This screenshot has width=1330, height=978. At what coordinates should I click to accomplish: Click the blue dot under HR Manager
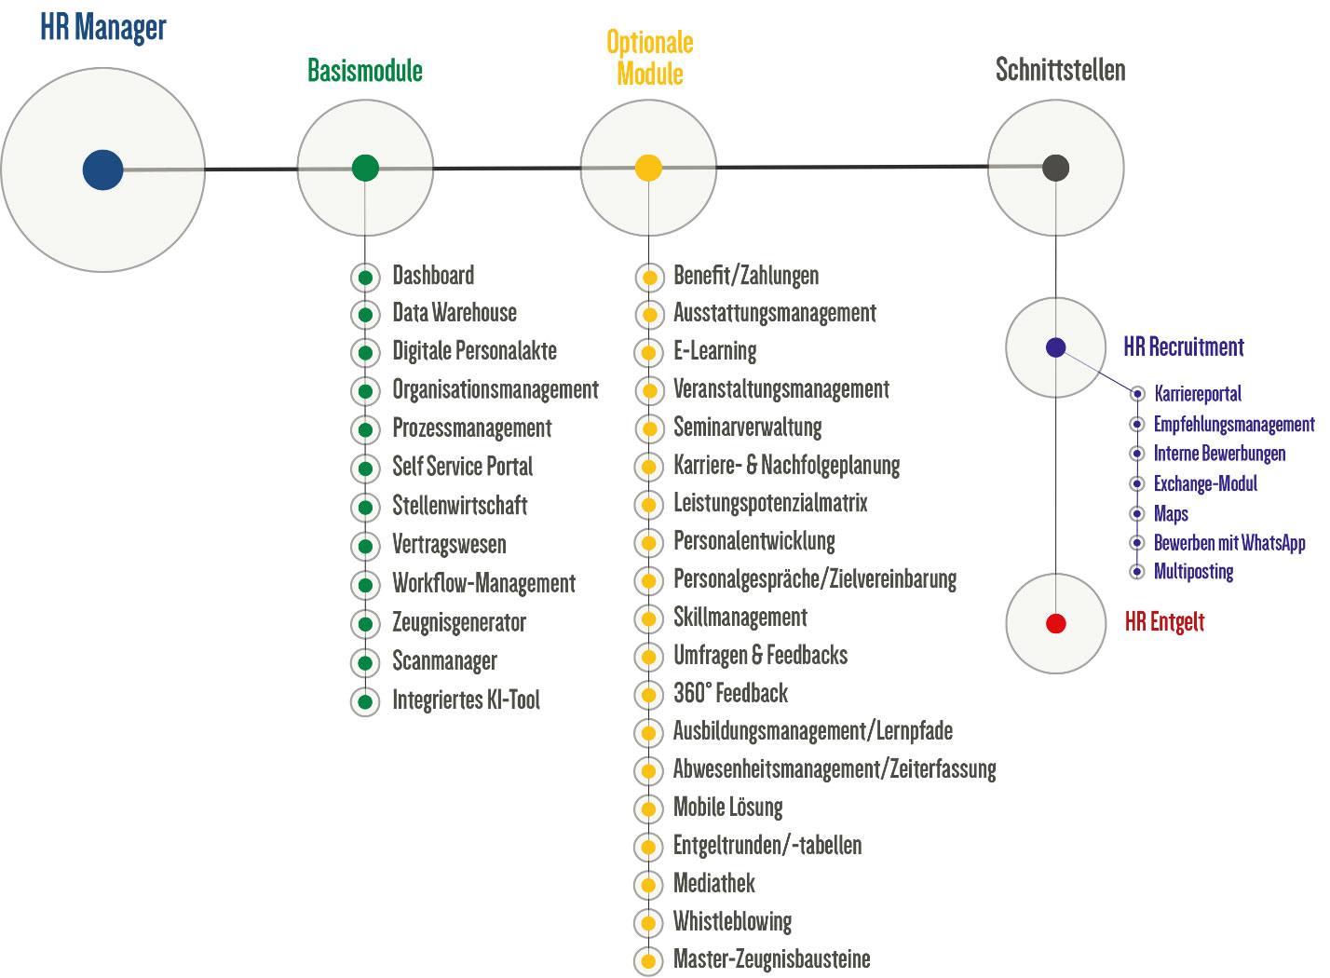click(102, 170)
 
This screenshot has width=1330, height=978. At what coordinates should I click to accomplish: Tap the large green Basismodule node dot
click(365, 168)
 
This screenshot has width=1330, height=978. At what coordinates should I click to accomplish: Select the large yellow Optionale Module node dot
click(648, 168)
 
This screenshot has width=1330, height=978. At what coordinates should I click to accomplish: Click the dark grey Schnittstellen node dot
click(1055, 168)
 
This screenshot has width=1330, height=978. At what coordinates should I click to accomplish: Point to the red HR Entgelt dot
click(1055, 623)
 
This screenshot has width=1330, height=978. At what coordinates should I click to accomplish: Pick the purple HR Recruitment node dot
click(1055, 347)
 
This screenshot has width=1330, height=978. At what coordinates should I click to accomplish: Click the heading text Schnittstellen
click(1060, 70)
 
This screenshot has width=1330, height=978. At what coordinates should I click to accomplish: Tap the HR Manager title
click(102, 28)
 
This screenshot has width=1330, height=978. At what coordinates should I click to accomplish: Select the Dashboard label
click(433, 276)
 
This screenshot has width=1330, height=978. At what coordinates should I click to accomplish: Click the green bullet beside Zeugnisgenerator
click(365, 624)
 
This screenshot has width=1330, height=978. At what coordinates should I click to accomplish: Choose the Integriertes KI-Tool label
click(466, 700)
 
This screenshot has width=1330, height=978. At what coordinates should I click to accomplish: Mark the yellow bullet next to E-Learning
click(649, 353)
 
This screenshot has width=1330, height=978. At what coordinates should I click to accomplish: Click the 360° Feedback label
click(730, 694)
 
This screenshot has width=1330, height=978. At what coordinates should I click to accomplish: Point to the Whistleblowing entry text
click(732, 922)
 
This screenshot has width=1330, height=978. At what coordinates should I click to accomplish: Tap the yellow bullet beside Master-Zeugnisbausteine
click(649, 961)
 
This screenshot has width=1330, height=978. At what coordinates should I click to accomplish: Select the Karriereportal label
click(1197, 394)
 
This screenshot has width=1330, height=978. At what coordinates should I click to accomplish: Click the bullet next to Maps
click(1136, 513)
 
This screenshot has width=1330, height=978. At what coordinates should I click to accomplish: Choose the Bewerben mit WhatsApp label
click(1229, 543)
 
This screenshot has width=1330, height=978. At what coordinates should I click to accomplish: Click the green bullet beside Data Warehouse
click(365, 315)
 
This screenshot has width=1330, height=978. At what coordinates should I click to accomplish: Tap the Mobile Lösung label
click(727, 808)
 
